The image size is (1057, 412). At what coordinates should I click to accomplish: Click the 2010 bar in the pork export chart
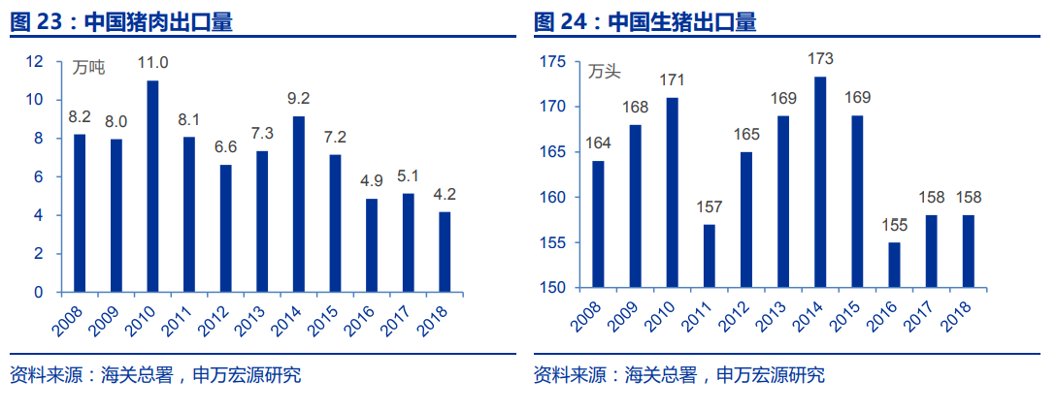tap(152, 186)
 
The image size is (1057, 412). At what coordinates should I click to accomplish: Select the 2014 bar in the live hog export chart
tap(820, 182)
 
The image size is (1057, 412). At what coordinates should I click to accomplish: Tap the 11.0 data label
tap(152, 63)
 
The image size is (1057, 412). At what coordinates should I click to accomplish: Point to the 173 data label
tap(820, 59)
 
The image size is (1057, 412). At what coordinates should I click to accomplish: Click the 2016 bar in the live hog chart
tap(893, 265)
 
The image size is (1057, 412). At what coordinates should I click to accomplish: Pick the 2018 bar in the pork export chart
tap(445, 251)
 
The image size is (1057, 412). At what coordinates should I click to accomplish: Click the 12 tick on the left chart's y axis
tap(35, 61)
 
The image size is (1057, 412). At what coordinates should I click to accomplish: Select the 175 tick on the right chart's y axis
tap(551, 61)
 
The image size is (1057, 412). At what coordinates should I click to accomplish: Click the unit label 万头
tap(604, 70)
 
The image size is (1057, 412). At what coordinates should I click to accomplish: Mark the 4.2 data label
tap(445, 194)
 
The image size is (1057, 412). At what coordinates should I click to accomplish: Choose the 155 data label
tap(893, 225)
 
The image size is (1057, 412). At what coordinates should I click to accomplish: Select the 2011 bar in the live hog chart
tap(710, 256)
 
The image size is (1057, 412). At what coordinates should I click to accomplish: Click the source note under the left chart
tap(155, 375)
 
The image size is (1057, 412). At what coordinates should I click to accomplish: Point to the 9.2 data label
tap(299, 98)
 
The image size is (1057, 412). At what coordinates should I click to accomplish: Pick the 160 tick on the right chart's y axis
tap(551, 198)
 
